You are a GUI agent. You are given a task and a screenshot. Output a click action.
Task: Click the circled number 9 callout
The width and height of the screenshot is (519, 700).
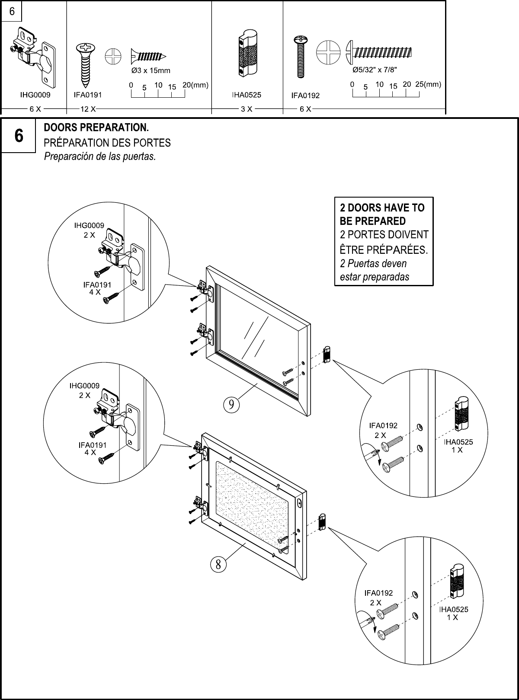(231, 404)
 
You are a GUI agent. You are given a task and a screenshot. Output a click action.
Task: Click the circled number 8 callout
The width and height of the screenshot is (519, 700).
(218, 564)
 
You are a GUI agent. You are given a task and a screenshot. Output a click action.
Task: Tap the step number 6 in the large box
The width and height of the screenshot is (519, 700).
(19, 136)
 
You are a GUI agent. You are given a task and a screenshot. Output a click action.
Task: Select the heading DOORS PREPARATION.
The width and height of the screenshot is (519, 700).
(96, 128)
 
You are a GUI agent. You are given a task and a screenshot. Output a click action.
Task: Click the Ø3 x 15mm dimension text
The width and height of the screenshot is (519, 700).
(151, 70)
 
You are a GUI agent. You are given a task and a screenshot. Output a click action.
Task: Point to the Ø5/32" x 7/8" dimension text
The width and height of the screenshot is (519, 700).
(375, 70)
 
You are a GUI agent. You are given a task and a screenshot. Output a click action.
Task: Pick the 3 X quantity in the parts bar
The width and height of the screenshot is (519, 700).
(247, 109)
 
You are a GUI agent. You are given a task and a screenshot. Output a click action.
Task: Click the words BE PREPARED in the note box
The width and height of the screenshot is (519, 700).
(373, 221)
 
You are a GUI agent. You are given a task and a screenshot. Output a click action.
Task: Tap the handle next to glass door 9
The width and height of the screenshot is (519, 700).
(327, 354)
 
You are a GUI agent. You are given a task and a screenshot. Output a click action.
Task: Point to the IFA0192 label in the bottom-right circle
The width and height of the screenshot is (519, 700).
(379, 593)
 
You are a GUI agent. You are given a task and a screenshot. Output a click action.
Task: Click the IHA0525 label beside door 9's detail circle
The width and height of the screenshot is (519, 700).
(459, 442)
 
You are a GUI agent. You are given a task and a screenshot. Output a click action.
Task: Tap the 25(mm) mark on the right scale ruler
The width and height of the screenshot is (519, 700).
(428, 85)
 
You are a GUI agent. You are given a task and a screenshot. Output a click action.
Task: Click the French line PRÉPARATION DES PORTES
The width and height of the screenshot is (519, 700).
(107, 142)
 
